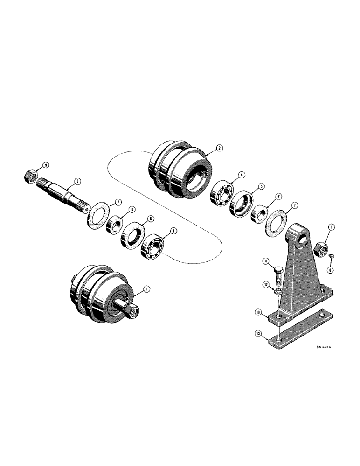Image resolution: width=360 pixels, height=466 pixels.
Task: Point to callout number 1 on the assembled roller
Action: click(x=146, y=289)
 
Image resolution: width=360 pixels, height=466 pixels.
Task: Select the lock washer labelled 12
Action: click(x=278, y=291)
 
